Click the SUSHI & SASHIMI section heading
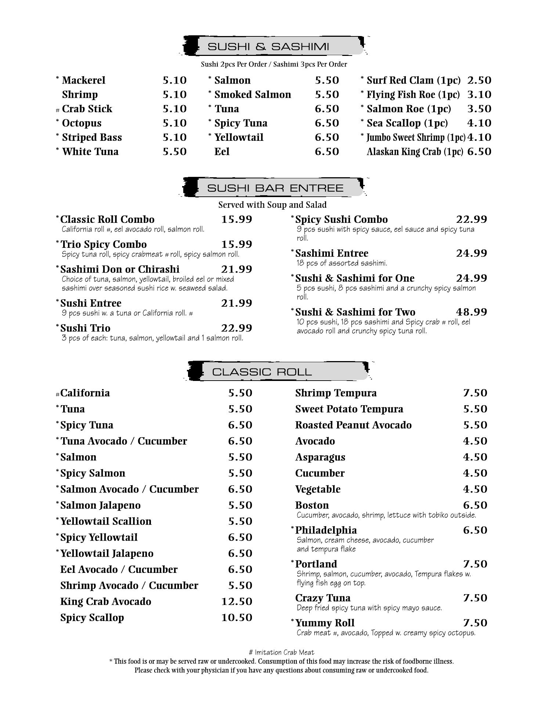(268, 47)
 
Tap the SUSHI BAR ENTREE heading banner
(275, 188)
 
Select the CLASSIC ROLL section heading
(262, 372)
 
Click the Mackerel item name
(83, 80)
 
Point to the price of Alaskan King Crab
(479, 151)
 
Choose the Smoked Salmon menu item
(252, 95)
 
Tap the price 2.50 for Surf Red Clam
(479, 80)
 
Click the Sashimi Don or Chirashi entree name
(120, 269)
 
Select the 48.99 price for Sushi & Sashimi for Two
(472, 312)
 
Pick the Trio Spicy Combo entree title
(103, 244)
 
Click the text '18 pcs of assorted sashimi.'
(342, 263)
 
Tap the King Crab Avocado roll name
(106, 601)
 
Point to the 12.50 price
(237, 601)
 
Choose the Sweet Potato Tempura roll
(349, 409)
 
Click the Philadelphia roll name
(326, 530)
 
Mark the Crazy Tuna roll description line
(369, 608)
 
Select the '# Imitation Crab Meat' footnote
(281, 652)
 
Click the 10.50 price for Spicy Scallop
(237, 617)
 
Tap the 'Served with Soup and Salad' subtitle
(272, 204)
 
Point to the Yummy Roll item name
(325, 623)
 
